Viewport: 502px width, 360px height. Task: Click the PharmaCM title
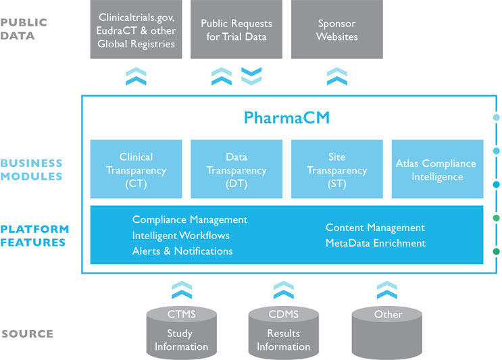[286, 119]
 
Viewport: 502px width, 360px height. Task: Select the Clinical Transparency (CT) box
[136, 169]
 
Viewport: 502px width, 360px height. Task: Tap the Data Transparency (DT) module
[236, 169]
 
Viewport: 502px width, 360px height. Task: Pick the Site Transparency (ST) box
[336, 169]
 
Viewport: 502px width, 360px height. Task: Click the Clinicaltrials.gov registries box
[136, 29]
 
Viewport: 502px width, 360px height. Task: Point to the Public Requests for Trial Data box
[236, 29]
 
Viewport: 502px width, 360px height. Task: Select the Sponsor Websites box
[336, 29]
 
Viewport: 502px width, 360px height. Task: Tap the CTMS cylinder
[181, 330]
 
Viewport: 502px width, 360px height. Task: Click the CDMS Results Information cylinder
[283, 330]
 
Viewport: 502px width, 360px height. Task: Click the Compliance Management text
[190, 220]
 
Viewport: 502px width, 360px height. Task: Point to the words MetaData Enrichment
[376, 243]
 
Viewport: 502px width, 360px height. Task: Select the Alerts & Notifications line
[182, 251]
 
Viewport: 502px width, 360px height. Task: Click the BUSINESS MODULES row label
[31, 170]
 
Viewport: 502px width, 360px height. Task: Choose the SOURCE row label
[27, 334]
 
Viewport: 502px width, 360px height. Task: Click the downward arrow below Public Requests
[251, 75]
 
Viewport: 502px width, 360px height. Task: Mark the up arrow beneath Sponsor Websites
[336, 76]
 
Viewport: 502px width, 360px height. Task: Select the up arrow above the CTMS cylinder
[181, 290]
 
